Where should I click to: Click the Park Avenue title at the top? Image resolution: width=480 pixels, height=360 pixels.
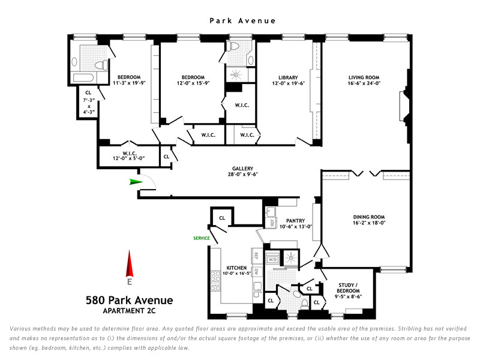click(242, 20)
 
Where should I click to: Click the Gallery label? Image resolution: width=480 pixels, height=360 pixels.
click(243, 168)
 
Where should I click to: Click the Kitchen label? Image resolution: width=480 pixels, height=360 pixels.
click(236, 268)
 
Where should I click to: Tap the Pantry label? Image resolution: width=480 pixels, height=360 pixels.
click(296, 220)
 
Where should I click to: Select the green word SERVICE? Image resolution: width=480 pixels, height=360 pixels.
click(201, 238)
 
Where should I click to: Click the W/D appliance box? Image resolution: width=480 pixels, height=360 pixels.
click(272, 260)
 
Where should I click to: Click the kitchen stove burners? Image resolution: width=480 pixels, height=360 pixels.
click(214, 280)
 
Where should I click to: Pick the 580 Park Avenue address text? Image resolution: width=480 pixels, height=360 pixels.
click(129, 300)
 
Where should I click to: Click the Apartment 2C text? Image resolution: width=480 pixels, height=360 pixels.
click(129, 310)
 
